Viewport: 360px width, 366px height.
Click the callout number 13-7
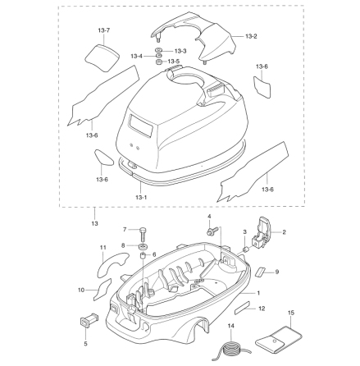pos(104,30)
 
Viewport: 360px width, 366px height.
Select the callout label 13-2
pos(251,36)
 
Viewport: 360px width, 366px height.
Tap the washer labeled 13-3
pos(158,51)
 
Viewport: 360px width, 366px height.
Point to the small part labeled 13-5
pos(159,62)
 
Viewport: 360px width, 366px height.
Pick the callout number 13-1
pos(141,197)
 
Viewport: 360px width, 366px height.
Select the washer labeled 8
pos(143,247)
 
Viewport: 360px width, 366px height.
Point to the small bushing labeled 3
pos(245,249)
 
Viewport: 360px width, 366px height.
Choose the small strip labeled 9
pos(261,272)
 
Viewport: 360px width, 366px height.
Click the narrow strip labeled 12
pos(242,308)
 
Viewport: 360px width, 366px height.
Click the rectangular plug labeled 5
pos(89,320)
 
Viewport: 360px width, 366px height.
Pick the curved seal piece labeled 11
pos(112,263)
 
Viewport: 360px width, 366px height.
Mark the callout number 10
pos(81,290)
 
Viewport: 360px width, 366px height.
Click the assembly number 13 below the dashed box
pos(94,223)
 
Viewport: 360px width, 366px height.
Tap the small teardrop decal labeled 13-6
pos(103,158)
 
